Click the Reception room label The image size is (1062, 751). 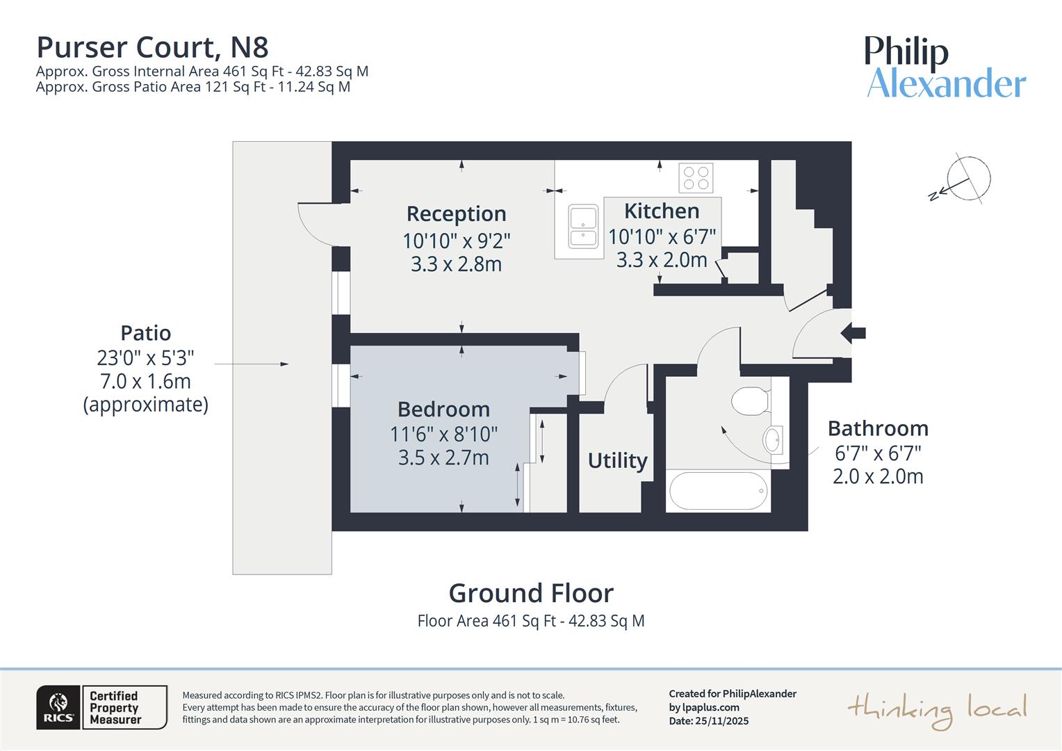coord(456,213)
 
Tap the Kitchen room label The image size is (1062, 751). coord(661,211)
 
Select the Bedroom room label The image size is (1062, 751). coord(443,409)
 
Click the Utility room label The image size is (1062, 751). coord(617,460)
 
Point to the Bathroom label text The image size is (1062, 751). coord(878,428)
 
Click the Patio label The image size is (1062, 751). coord(145,333)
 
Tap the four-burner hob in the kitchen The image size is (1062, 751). coord(696,177)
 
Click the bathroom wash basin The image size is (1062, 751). coord(772,439)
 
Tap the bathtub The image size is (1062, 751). coord(718,491)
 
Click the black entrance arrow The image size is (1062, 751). coord(853,333)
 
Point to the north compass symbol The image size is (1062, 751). coord(966,179)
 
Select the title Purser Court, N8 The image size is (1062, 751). coord(152,47)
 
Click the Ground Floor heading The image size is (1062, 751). coord(531,593)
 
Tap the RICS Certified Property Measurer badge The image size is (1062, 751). coord(101,707)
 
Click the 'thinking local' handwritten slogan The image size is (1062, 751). coord(936,709)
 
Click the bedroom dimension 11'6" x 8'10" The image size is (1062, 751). coord(443,435)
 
